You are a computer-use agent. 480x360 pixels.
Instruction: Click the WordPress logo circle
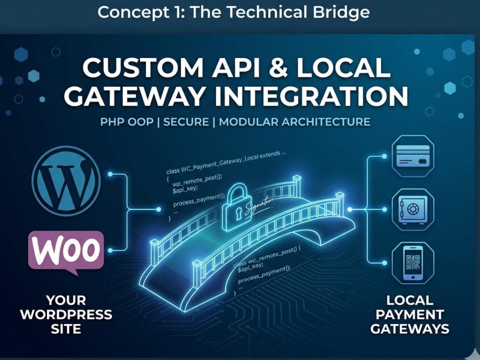pyautogui.click(x=66, y=180)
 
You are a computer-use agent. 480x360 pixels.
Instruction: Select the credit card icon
pyautogui.click(x=413, y=156)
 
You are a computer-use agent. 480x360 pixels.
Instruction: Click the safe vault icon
pyautogui.click(x=413, y=210)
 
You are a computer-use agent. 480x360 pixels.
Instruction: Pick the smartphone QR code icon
pyautogui.click(x=413, y=263)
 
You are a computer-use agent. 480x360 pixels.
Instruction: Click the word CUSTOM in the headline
pyautogui.click(x=143, y=68)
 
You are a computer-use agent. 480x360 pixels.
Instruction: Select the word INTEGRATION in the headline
pyautogui.click(x=312, y=96)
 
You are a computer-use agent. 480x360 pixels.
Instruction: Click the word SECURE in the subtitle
pyautogui.click(x=186, y=122)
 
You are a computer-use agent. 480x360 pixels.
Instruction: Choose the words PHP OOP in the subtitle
pyautogui.click(x=127, y=122)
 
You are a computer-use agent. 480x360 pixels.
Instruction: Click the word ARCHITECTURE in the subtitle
pyautogui.click(x=326, y=122)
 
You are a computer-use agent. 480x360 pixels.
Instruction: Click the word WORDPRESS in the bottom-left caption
pyautogui.click(x=66, y=315)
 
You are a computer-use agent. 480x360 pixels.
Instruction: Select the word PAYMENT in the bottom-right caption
pyautogui.click(x=409, y=315)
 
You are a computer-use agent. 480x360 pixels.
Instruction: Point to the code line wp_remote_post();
pyautogui.click(x=197, y=180)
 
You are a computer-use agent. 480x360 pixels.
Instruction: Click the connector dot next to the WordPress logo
pyautogui.click(x=110, y=174)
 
